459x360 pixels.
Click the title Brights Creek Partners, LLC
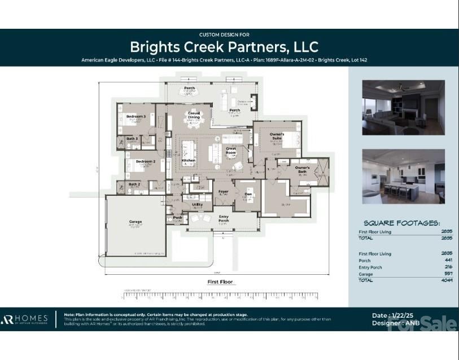[x=224, y=47]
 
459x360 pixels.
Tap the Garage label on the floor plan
[x=135, y=222]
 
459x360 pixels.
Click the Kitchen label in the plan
[x=188, y=160]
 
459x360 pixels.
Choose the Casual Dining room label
[x=194, y=115]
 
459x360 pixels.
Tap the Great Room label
[x=231, y=151]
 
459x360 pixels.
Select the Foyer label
[x=223, y=191]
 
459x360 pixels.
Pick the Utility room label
[x=197, y=204]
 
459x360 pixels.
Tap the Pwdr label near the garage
[x=177, y=217]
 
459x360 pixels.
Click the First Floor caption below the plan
[x=220, y=282]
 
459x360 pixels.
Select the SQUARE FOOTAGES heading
[x=401, y=223]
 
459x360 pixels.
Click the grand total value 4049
[x=446, y=280]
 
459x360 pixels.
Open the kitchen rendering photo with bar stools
[x=403, y=176]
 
